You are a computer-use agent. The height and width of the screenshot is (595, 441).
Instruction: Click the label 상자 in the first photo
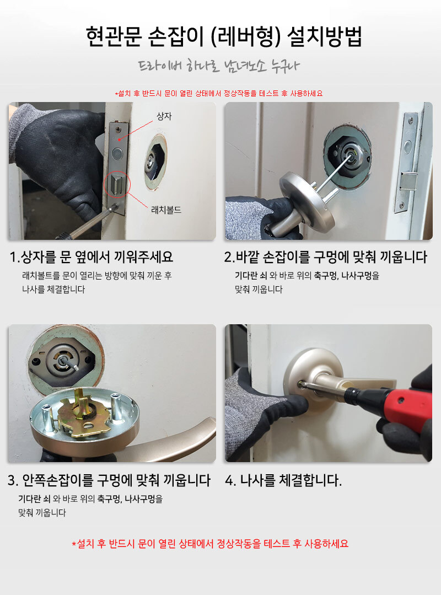pos(164,116)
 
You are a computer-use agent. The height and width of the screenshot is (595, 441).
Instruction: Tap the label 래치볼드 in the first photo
pos(166,210)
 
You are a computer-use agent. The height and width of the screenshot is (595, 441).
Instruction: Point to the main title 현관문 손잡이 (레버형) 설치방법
pos(224,37)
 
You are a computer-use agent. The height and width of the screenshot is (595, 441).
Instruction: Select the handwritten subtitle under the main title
pos(219,66)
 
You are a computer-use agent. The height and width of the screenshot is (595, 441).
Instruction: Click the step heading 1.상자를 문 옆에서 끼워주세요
pos(92,257)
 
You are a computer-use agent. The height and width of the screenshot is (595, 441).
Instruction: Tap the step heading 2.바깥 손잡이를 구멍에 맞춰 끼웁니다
pos(326,257)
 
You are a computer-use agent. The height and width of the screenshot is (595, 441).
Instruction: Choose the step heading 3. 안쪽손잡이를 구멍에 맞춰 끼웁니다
pos(109,480)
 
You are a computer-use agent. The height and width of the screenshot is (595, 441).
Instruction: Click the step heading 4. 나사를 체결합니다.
pos(283,480)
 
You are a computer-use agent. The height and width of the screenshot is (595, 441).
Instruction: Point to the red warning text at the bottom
pos(210,544)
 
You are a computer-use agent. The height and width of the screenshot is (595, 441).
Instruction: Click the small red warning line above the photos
pos(219,93)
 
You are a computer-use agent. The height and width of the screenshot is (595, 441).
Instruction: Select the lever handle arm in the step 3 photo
pos(171,440)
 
